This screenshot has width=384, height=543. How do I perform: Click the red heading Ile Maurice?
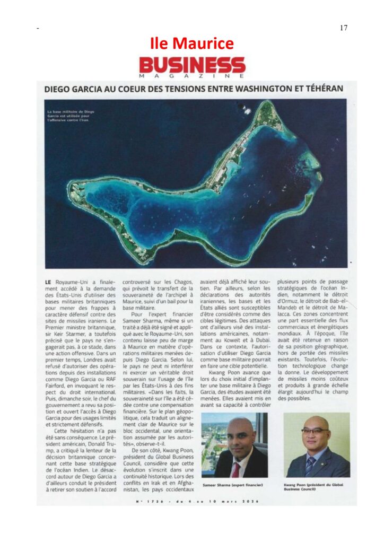click(x=191, y=43)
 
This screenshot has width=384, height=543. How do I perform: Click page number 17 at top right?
click(x=343, y=28)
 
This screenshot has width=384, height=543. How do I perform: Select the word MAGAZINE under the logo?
click(x=192, y=76)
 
